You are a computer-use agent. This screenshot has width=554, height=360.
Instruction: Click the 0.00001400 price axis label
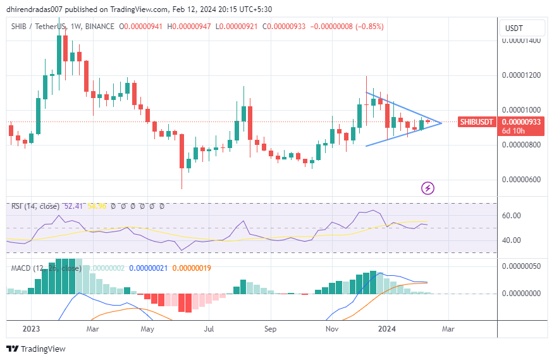point(522,40)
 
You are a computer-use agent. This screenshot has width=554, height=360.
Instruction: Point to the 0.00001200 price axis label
point(522,75)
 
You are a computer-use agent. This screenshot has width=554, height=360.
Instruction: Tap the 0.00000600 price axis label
point(522,179)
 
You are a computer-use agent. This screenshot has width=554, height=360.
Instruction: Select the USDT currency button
point(522,28)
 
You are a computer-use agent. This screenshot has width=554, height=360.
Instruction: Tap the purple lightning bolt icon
point(428,187)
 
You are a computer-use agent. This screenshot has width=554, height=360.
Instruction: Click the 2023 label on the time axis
point(31,329)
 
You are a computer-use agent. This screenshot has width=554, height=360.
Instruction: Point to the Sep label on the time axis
point(270,329)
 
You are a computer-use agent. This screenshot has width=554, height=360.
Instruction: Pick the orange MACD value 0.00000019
point(191,268)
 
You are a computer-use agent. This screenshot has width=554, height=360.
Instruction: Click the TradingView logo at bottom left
point(35,349)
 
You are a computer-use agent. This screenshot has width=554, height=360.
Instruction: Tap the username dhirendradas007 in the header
point(39,9)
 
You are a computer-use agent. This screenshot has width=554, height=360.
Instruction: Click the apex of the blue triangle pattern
point(441,123)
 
